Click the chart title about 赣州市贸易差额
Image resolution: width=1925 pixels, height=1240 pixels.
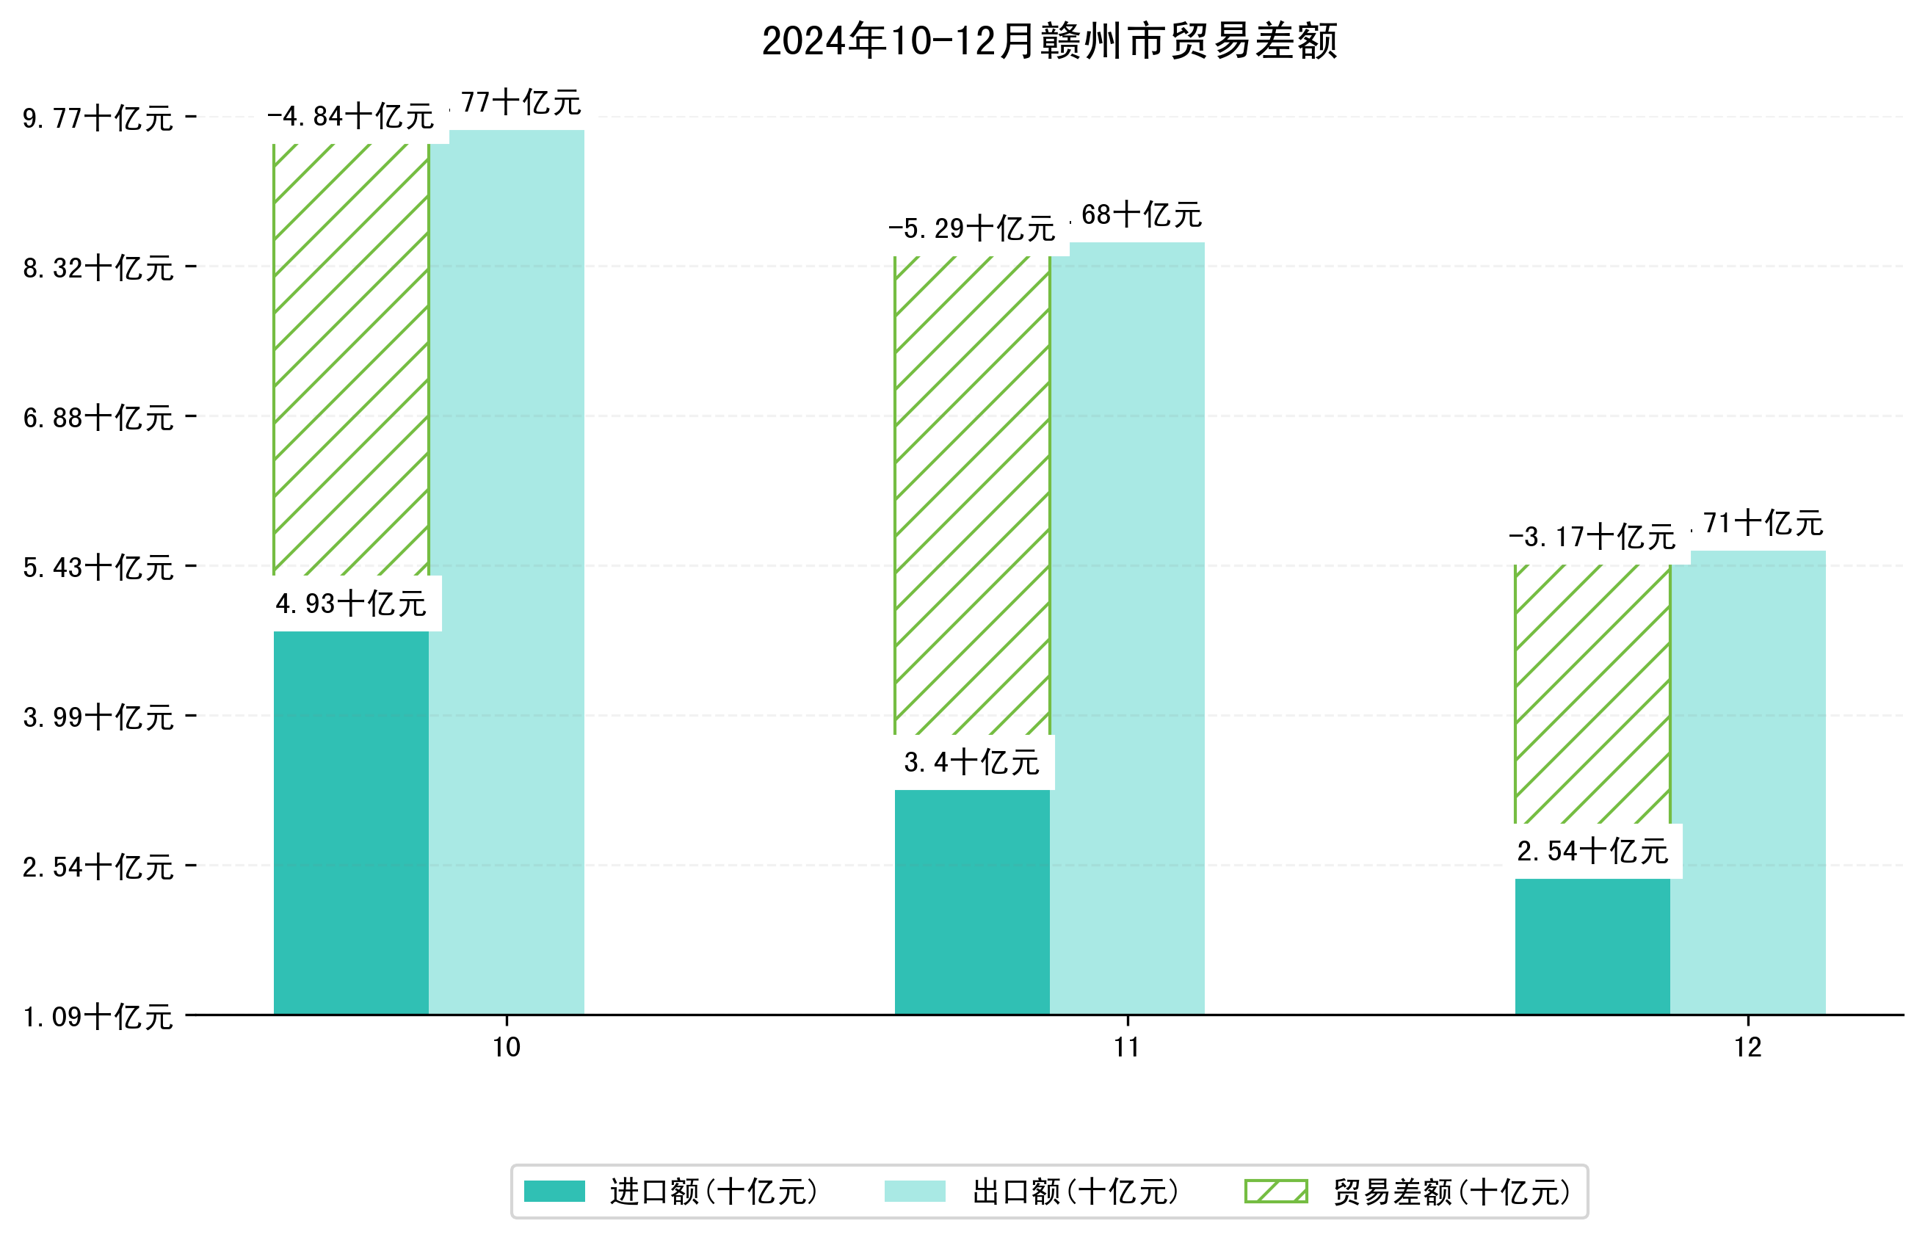(1049, 41)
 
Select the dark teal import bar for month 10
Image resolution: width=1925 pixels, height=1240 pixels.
(351, 822)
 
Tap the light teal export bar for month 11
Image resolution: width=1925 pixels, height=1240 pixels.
(1127, 628)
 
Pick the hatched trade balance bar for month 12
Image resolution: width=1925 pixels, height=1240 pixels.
(1592, 692)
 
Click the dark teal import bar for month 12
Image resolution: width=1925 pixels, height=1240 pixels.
(1592, 946)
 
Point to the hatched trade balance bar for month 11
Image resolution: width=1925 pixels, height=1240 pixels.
(972, 496)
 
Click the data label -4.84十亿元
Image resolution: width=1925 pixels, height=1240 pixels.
(350, 117)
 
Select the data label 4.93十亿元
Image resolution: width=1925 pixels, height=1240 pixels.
(351, 604)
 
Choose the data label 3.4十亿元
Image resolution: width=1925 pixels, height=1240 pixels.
(972, 763)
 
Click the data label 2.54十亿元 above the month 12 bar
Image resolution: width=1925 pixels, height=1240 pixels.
(1592, 851)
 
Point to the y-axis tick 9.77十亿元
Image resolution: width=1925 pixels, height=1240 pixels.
(98, 119)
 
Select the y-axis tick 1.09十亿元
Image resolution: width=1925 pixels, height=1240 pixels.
(98, 1017)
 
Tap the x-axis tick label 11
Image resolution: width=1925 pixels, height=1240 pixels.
(1127, 1048)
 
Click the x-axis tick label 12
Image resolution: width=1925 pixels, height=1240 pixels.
(1748, 1048)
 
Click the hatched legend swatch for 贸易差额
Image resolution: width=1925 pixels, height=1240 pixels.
(1276, 1192)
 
